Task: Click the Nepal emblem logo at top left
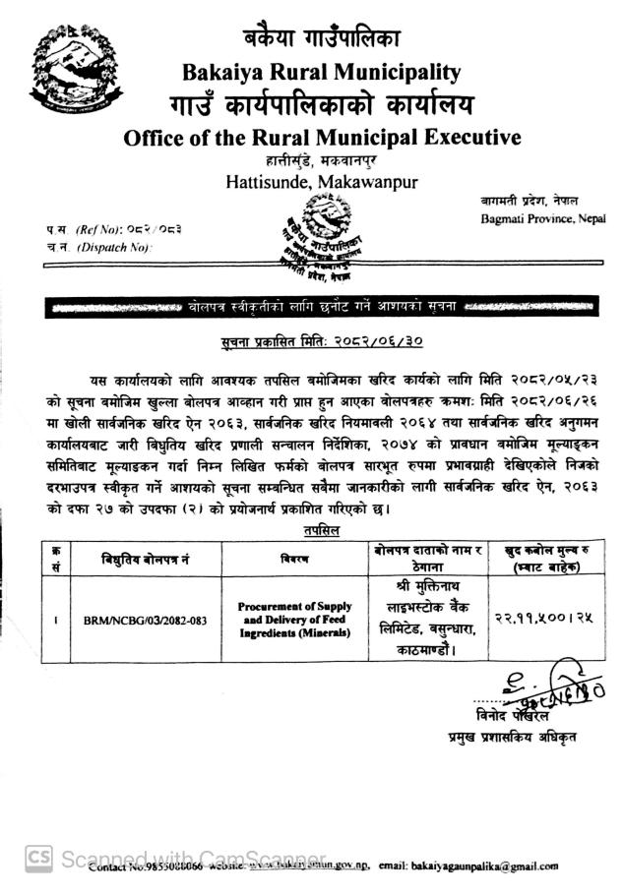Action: click(77, 72)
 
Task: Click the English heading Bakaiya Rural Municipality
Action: click(322, 71)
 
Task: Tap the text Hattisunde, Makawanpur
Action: click(322, 181)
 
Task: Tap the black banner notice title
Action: click(322, 308)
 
